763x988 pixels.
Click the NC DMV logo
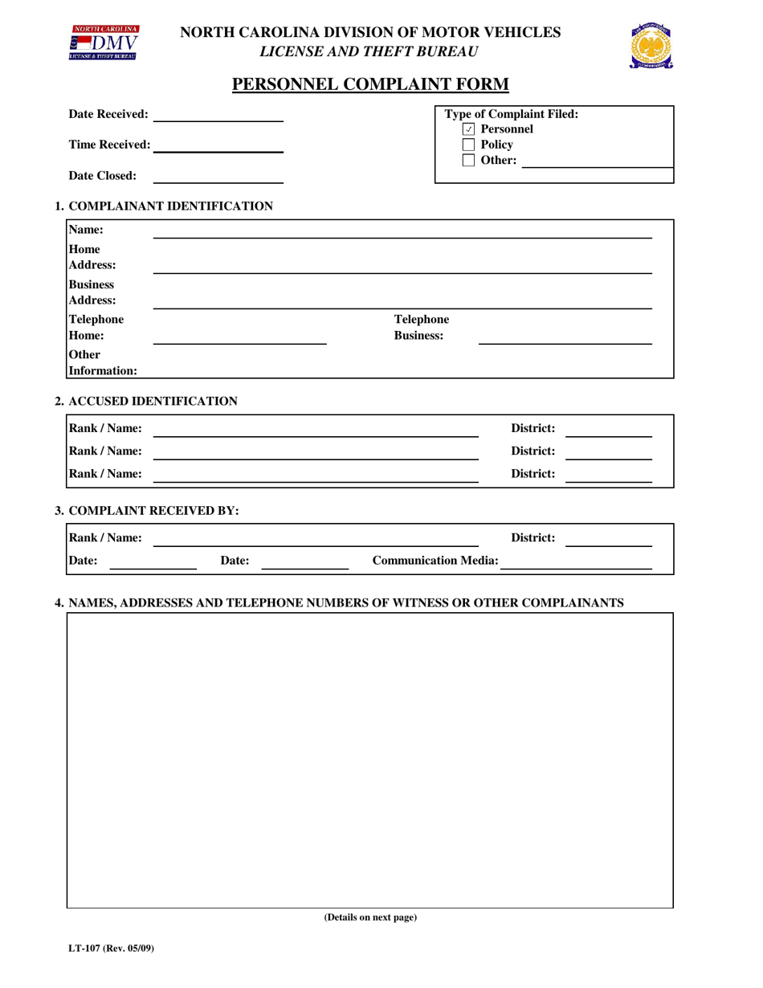104,42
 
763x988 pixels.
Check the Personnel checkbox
469,129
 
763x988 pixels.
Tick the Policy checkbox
469,145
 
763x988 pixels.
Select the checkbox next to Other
469,161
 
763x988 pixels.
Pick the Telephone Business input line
565,337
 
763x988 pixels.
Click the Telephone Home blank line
239,337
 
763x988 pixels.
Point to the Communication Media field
575,561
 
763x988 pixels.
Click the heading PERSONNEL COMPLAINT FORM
370,85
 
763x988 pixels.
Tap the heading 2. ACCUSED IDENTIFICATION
146,401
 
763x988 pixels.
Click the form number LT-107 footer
111,949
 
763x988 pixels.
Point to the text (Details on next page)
370,917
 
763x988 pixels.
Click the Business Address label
92,292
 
